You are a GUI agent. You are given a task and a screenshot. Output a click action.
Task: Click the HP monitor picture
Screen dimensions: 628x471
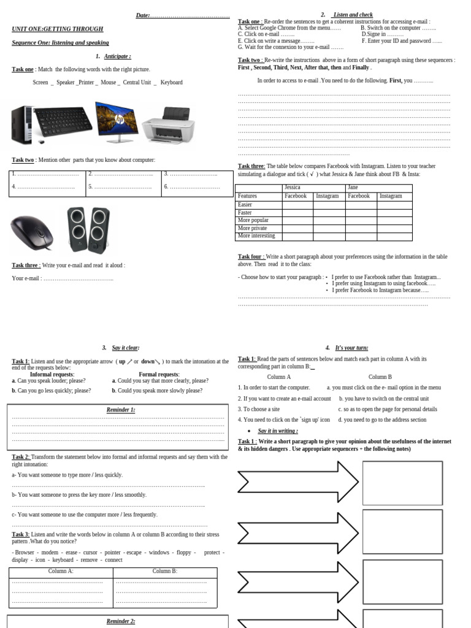click(117, 121)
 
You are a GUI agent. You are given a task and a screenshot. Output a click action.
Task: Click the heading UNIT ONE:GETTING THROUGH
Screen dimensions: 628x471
click(58, 29)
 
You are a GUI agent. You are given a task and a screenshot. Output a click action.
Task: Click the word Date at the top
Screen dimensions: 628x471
click(142, 15)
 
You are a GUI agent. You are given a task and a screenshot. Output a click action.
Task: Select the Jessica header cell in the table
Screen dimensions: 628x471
click(293, 188)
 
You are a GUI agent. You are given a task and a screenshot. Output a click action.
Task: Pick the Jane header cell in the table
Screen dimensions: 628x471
click(353, 188)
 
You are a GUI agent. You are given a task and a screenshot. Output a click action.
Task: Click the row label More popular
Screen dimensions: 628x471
click(253, 220)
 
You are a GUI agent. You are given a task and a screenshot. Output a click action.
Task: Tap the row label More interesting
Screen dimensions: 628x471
click(256, 236)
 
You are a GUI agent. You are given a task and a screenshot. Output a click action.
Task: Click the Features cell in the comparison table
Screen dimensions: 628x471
click(247, 196)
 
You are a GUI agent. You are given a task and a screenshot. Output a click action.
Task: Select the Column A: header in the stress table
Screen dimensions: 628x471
click(61, 572)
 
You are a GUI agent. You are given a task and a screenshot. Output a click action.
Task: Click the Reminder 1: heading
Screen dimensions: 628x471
click(121, 410)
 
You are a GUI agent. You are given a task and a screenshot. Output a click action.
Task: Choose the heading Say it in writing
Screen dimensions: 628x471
click(278, 431)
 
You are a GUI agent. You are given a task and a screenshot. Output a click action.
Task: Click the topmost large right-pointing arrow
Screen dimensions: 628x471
click(297, 481)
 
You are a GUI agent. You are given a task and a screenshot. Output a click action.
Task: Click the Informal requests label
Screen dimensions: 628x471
click(52, 374)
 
